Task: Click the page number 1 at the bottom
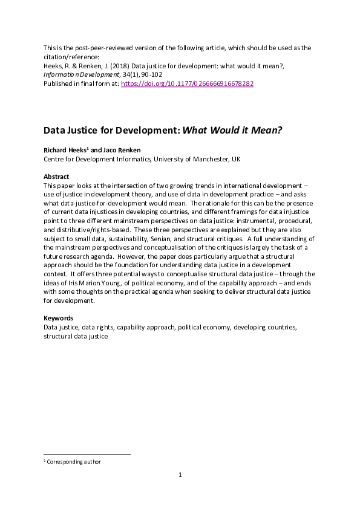click(x=180, y=475)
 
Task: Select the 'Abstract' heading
click(x=56, y=177)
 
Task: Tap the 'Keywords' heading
click(x=58, y=318)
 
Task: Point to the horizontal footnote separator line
click(x=87, y=454)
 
